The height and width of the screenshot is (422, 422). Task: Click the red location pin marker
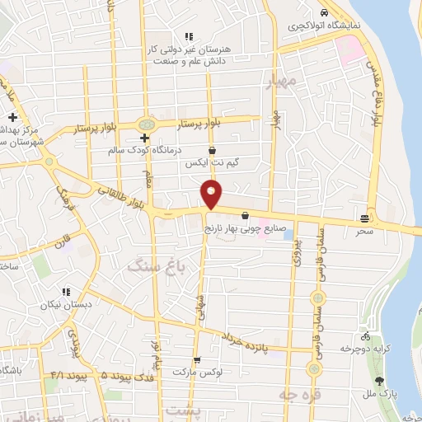click(x=212, y=195)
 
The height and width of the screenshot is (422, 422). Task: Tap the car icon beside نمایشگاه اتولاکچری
click(x=324, y=13)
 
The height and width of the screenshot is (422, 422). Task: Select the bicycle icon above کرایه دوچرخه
click(x=365, y=336)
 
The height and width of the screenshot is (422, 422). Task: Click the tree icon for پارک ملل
click(x=379, y=381)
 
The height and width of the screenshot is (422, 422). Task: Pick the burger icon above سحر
click(x=364, y=218)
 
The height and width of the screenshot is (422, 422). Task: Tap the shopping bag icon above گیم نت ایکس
click(x=213, y=151)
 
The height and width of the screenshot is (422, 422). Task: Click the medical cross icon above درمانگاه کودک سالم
click(x=144, y=138)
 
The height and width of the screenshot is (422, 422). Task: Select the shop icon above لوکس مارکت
click(x=197, y=360)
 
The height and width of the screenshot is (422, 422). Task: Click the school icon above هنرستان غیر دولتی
click(x=189, y=36)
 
